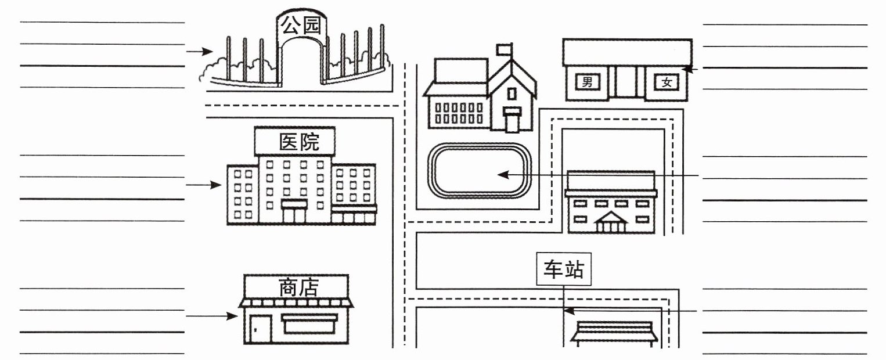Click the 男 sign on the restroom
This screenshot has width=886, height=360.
coord(588,82)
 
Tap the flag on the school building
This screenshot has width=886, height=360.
coord(503,49)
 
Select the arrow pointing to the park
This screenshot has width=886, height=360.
coord(200,52)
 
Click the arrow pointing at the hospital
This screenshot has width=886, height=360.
coord(204,185)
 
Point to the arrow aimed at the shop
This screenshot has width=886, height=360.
coord(211,316)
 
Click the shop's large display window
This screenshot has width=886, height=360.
coord(309,324)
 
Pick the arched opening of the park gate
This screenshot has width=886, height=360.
coord(301,64)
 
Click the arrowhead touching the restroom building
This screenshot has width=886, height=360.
coord(686,69)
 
